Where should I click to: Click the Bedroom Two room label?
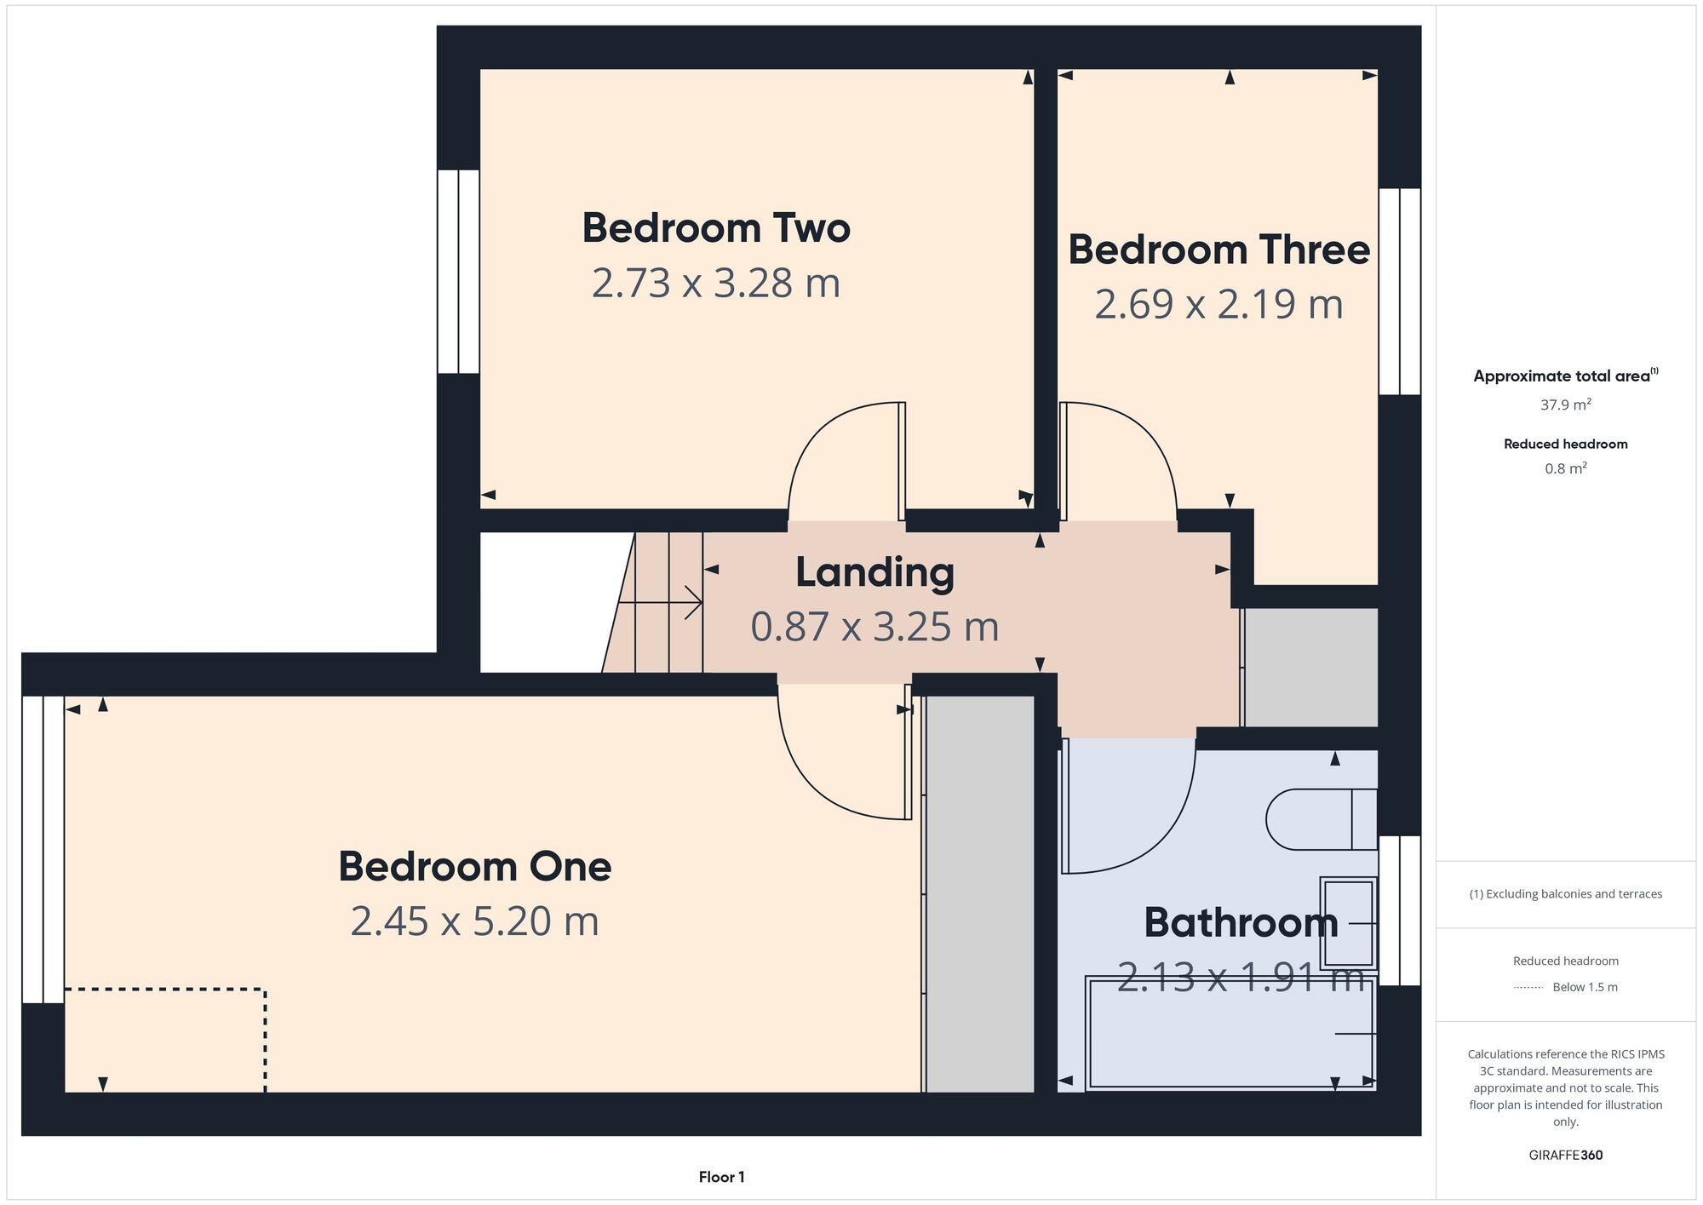click(716, 228)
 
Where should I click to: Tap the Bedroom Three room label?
click(1218, 250)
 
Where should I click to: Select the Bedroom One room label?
click(474, 867)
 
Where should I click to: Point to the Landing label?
click(874, 572)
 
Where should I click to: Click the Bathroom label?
click(1240, 923)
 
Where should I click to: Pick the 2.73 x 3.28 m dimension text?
click(716, 283)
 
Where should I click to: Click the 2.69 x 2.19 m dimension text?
click(1218, 304)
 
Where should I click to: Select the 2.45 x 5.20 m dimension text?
click(474, 921)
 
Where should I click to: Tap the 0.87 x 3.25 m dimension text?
click(874, 627)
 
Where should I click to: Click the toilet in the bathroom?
click(1320, 819)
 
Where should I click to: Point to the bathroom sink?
click(1348, 923)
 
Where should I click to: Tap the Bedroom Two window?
click(458, 271)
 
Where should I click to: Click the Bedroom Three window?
click(1399, 291)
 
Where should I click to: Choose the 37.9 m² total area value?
click(1565, 405)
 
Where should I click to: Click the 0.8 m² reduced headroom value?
click(1565, 468)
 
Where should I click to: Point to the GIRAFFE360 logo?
click(1565, 1156)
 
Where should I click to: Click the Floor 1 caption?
click(721, 1177)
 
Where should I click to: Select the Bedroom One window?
click(43, 849)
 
